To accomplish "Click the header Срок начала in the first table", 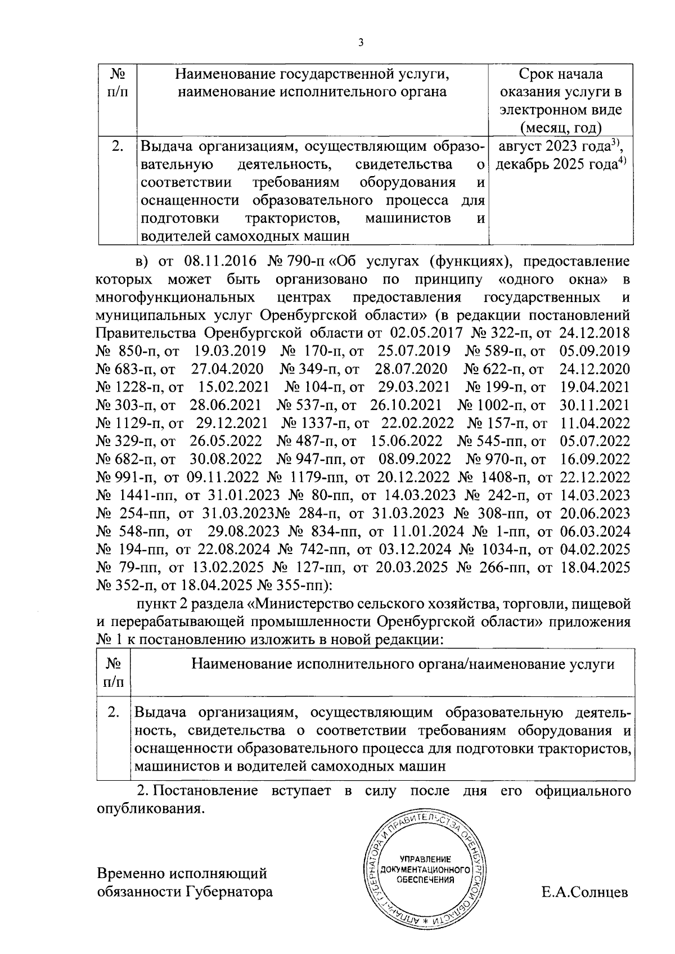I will click(x=560, y=74).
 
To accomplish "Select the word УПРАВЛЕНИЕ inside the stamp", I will click(x=425, y=859).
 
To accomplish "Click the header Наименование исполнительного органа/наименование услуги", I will click(x=403, y=664).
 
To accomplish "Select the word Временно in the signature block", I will click(x=134, y=874).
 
